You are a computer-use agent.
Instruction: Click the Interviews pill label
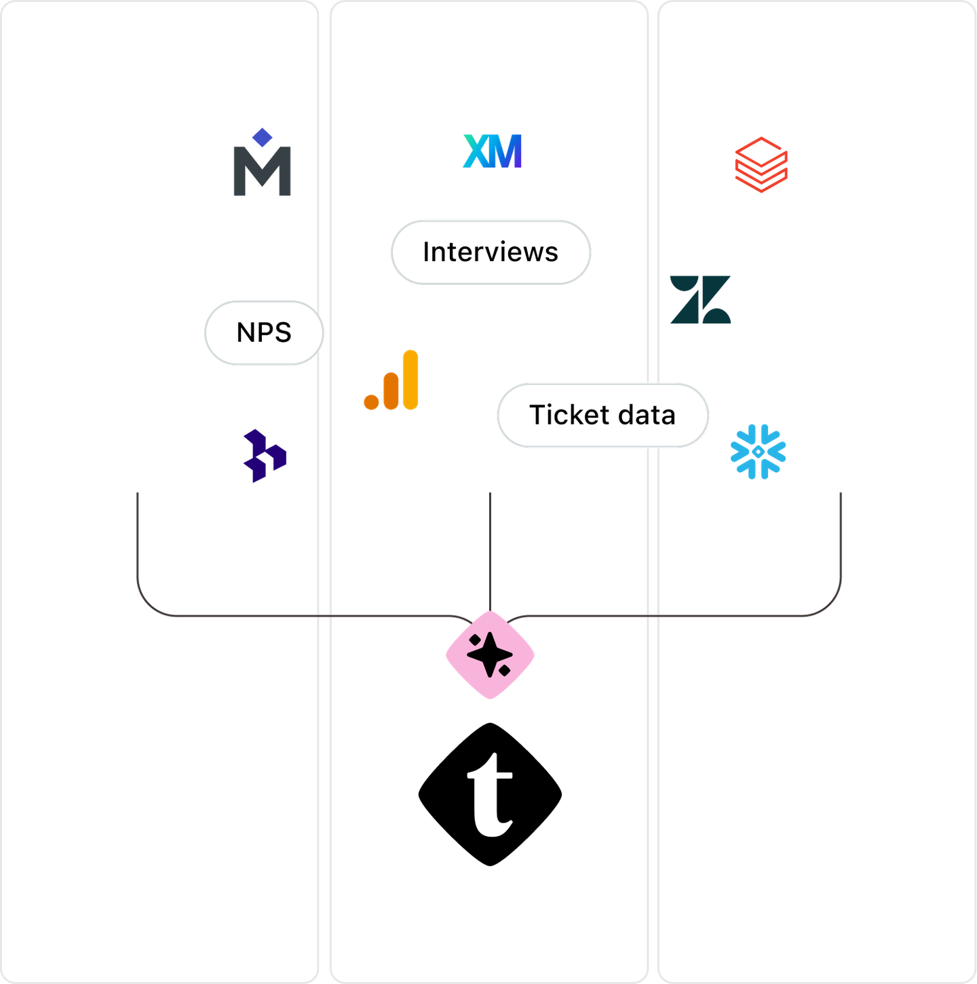click(x=491, y=252)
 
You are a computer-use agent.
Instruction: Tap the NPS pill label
click(x=264, y=332)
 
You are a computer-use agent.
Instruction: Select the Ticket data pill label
click(x=602, y=415)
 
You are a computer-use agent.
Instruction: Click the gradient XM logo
click(x=493, y=151)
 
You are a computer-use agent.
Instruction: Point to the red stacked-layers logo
click(x=761, y=165)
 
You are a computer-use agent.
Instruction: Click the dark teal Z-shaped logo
click(x=700, y=299)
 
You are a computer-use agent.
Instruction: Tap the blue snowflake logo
click(x=759, y=452)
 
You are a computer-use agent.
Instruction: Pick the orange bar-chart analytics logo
click(x=391, y=380)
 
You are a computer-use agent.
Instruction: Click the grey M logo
click(x=263, y=171)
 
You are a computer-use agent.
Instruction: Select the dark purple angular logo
click(x=265, y=456)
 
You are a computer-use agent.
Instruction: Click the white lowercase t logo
click(x=490, y=795)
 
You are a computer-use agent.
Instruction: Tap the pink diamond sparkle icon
click(x=490, y=654)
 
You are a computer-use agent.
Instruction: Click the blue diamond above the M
click(x=262, y=137)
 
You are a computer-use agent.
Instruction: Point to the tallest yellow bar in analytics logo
click(x=410, y=379)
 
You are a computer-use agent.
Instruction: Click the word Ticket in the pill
click(x=568, y=415)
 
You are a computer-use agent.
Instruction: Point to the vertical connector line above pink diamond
click(x=490, y=549)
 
